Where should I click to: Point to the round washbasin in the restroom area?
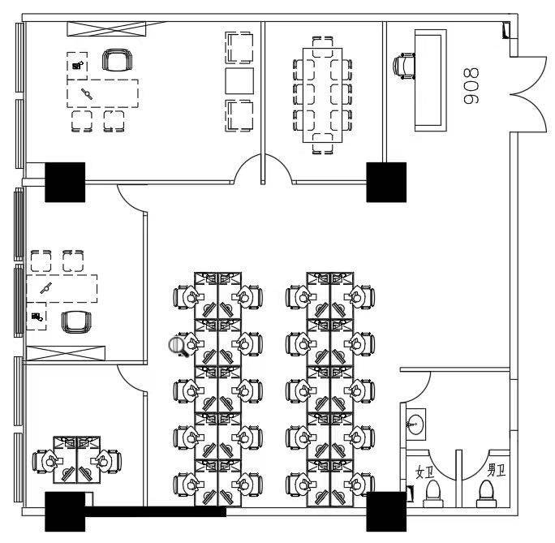(x=416, y=424)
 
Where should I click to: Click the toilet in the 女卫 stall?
(x=432, y=492)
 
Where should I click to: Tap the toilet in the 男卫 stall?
(x=486, y=492)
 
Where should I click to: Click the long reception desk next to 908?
(x=431, y=80)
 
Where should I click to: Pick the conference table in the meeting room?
(x=323, y=92)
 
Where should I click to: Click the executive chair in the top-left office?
(x=117, y=60)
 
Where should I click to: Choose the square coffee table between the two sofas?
(x=239, y=81)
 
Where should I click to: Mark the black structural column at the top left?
(x=65, y=182)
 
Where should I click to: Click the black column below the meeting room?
(x=386, y=182)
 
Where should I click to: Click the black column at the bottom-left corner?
(x=65, y=511)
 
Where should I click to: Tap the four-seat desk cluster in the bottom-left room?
(x=75, y=461)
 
